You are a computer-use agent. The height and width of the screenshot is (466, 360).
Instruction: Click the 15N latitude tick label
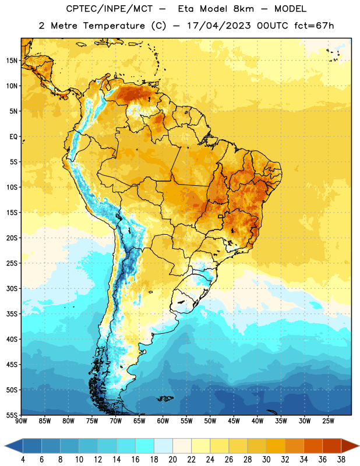pos(12,61)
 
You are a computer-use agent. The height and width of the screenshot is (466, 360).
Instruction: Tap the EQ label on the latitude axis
pos(13,137)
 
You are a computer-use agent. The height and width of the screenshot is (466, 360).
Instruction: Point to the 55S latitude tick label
pos(12,415)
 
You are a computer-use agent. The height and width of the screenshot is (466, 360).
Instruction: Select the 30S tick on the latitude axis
pos(12,288)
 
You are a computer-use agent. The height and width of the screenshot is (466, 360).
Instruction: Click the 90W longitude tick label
pos(22,421)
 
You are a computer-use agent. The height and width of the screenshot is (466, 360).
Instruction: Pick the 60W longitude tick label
pos(163,421)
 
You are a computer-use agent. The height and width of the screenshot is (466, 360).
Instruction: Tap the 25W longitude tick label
pos(328,421)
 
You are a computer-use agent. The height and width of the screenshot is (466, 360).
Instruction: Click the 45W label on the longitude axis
pos(234,421)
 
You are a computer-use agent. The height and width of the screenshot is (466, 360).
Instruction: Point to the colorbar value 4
pos(23,460)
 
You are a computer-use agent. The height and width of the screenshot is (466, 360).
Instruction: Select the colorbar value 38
pos(341,460)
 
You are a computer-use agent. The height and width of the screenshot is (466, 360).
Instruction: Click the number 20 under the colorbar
pos(172,460)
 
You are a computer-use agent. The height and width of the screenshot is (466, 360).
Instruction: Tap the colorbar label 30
pos(266,460)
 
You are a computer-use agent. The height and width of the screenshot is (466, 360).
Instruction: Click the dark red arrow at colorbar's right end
pos(350,446)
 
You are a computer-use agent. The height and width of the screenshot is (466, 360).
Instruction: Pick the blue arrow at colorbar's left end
pos(14,446)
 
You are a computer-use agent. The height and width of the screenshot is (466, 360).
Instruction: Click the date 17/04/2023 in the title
pos(219,26)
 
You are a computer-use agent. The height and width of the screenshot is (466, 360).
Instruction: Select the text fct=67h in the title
pos(314,26)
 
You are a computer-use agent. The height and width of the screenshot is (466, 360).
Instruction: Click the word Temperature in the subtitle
pos(114,26)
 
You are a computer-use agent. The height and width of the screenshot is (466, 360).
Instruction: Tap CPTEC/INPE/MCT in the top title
pos(110,9)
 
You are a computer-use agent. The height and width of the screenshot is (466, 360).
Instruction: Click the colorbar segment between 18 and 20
pos(164,446)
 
